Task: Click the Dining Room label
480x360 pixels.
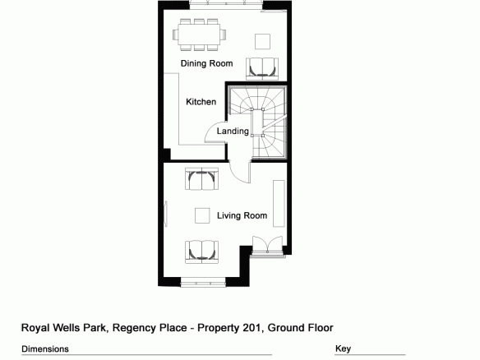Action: click(x=206, y=63)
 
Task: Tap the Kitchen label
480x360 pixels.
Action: click(x=201, y=102)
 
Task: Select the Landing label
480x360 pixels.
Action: click(x=233, y=132)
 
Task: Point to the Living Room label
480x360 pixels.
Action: click(x=242, y=215)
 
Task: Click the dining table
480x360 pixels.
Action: click(x=199, y=35)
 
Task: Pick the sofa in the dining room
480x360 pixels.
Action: click(x=262, y=68)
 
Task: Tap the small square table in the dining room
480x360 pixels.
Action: click(x=263, y=41)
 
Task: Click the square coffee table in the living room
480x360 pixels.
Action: click(x=202, y=215)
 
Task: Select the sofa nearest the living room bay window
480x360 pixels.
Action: click(x=201, y=252)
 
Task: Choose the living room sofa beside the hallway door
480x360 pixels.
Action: click(x=201, y=179)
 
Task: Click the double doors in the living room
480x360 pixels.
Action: click(x=267, y=246)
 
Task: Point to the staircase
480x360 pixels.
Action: click(x=258, y=122)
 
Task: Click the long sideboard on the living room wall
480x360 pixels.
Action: click(x=279, y=204)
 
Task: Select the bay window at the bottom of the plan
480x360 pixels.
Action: click(x=203, y=282)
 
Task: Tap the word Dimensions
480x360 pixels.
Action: click(x=45, y=349)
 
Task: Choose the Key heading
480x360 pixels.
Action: click(x=344, y=348)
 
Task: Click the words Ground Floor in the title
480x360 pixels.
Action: click(x=300, y=328)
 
